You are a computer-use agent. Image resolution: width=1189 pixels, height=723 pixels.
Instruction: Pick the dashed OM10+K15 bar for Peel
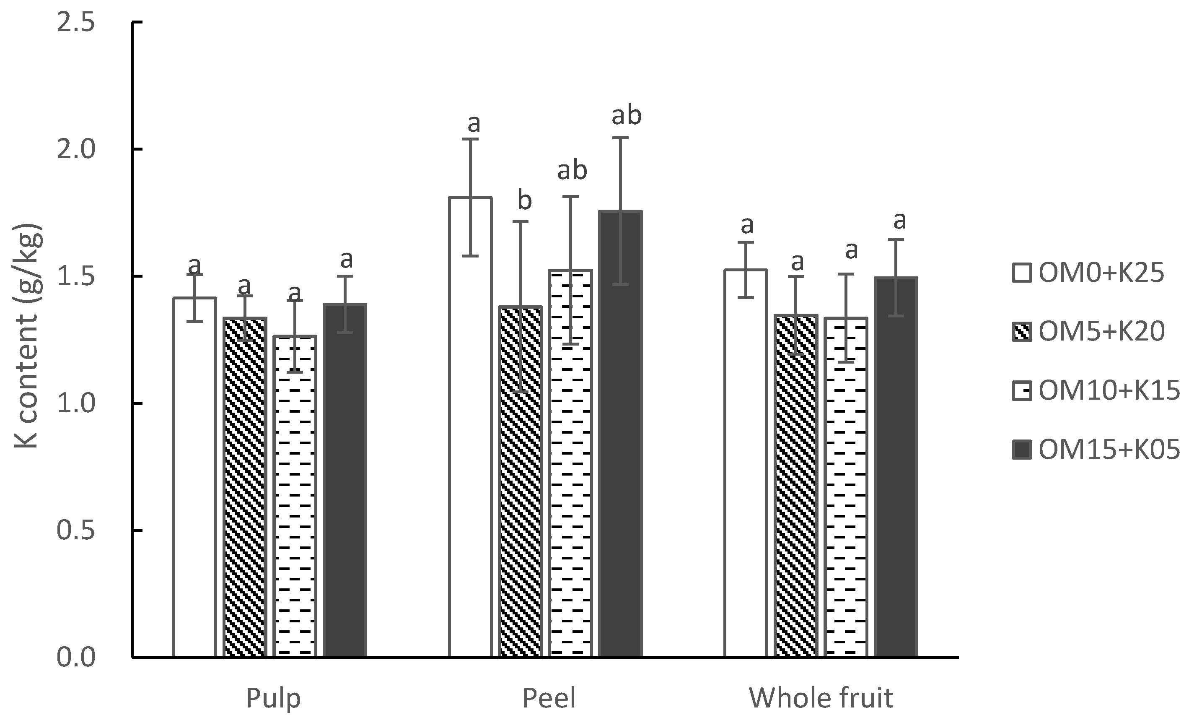pyautogui.click(x=570, y=464)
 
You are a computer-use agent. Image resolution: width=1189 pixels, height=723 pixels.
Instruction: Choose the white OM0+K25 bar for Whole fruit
pyautogui.click(x=746, y=464)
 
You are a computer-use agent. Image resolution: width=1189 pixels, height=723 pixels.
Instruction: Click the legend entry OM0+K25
pyautogui.click(x=1088, y=273)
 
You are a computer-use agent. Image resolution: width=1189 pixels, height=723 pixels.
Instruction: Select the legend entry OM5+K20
pyautogui.click(x=1088, y=332)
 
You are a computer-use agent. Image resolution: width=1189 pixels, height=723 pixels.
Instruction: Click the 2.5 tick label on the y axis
pyautogui.click(x=75, y=23)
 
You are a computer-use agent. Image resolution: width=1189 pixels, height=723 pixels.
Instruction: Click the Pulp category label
pyautogui.click(x=273, y=698)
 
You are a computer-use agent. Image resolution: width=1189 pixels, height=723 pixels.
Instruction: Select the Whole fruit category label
pyautogui.click(x=821, y=698)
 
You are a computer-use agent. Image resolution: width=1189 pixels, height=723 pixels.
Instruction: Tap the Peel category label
pyautogui.click(x=549, y=698)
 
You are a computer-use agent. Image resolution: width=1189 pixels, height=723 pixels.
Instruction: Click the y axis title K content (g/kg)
pyautogui.click(x=27, y=337)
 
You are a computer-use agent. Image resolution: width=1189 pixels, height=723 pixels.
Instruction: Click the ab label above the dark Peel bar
pyautogui.click(x=626, y=115)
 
